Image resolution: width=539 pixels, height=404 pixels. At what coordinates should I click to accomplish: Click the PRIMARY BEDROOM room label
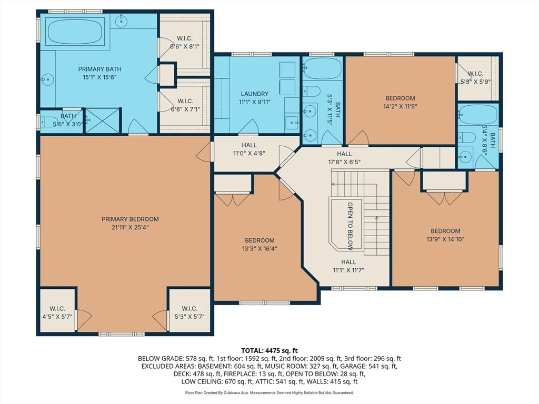coord(130,219)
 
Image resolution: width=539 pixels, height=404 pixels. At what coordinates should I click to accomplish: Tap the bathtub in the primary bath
coord(75,31)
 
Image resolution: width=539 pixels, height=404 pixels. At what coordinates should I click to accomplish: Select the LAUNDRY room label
coord(254,94)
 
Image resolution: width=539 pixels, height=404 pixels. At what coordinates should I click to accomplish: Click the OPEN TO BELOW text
coord(350,226)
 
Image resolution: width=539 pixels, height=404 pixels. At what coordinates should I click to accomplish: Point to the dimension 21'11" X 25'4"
coord(130,227)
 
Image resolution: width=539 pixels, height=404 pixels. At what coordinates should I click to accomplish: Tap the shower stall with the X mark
coord(102,120)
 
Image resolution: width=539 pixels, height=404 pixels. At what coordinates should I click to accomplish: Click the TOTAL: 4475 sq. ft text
coord(269,351)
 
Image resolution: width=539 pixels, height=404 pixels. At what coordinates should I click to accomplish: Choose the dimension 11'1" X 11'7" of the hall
coord(348,270)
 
